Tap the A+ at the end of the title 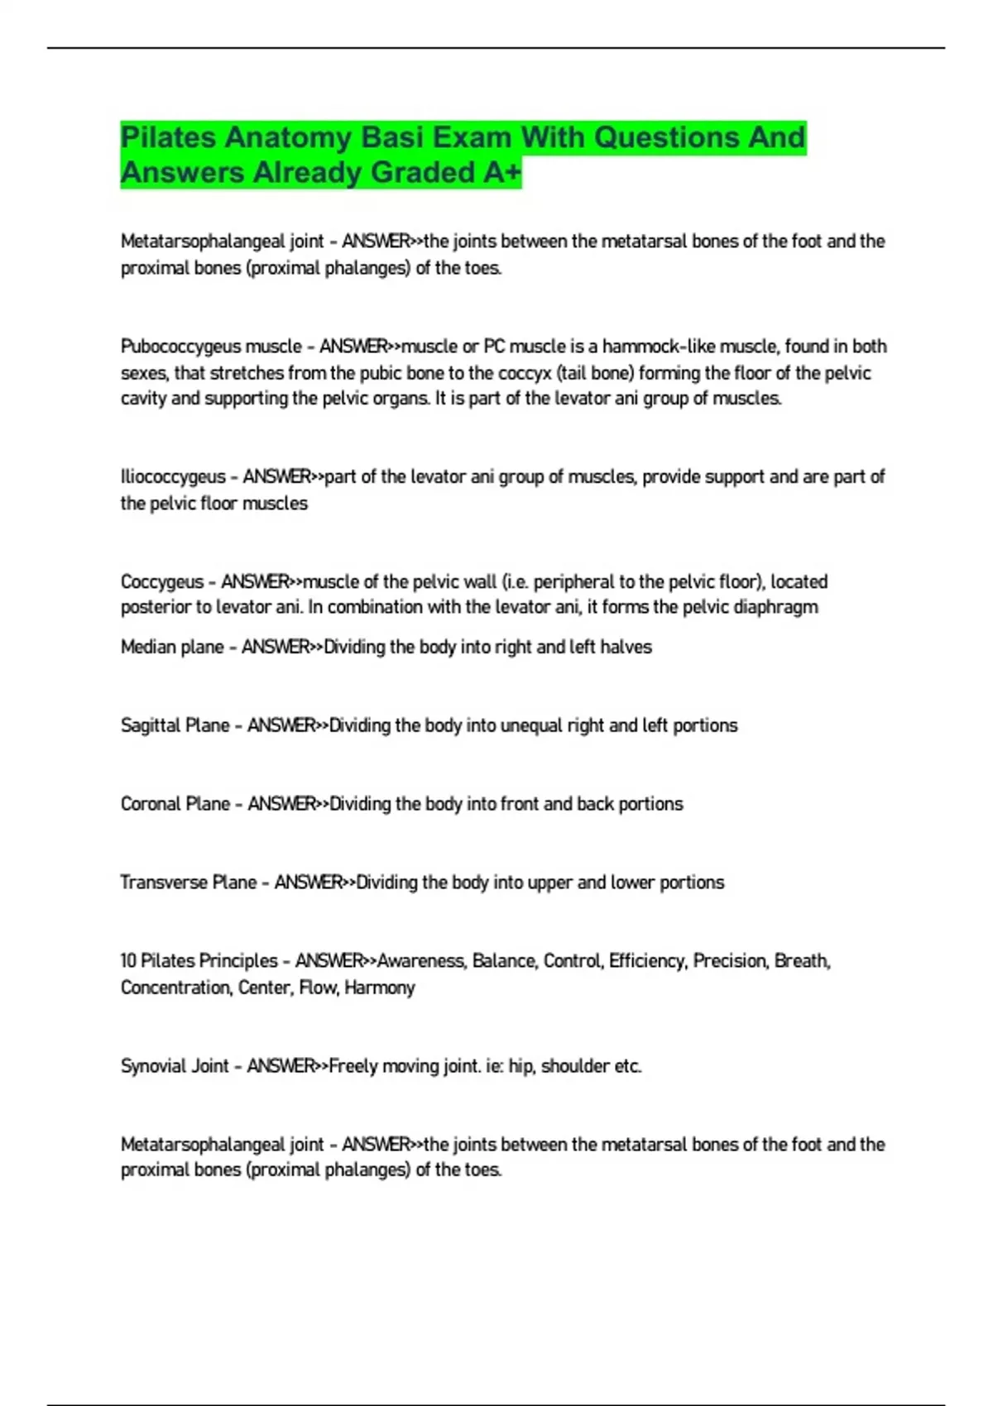(501, 173)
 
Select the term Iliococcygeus (172, 477)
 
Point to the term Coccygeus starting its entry (161, 582)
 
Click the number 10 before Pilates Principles (128, 961)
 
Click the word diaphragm (778, 608)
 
